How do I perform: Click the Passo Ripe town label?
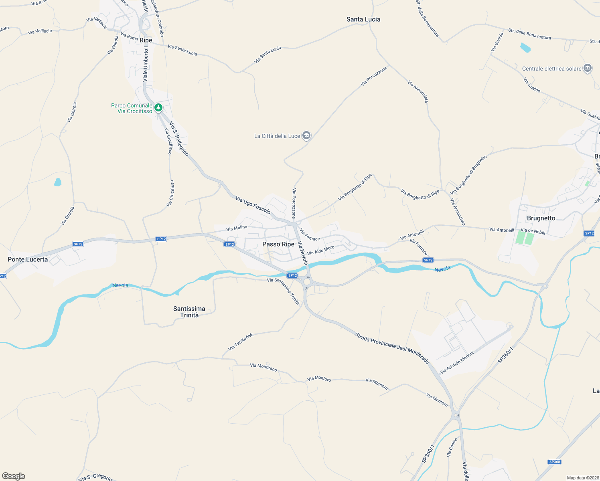pyautogui.click(x=278, y=244)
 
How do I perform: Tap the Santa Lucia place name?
pyautogui.click(x=363, y=19)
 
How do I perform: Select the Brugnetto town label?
pyautogui.click(x=541, y=218)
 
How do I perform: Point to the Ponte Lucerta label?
pyautogui.click(x=28, y=259)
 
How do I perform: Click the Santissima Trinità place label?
pyautogui.click(x=189, y=312)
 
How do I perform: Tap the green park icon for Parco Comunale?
pyautogui.click(x=158, y=107)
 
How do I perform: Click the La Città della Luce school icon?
pyautogui.click(x=306, y=135)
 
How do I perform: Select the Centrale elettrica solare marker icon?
pyautogui.click(x=588, y=69)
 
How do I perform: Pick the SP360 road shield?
pyautogui.click(x=554, y=462)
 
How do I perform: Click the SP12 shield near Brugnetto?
pyautogui.click(x=589, y=233)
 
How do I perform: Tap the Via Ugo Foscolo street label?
pyautogui.click(x=253, y=205)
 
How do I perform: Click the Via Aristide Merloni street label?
pyautogui.click(x=457, y=362)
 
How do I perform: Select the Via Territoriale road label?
pyautogui.click(x=241, y=342)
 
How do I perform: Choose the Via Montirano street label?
pyautogui.click(x=264, y=367)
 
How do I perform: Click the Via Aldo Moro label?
pyautogui.click(x=320, y=250)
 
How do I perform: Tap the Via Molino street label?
pyautogui.click(x=237, y=228)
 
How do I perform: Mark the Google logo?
pyautogui.click(x=14, y=476)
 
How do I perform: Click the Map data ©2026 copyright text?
pyautogui.click(x=581, y=478)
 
